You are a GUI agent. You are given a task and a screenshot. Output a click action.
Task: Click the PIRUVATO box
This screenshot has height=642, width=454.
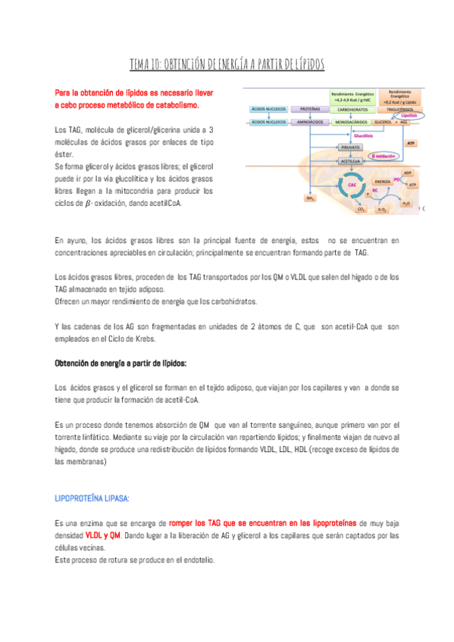point(350,147)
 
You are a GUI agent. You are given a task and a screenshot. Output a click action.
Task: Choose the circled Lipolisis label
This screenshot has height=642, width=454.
point(409,116)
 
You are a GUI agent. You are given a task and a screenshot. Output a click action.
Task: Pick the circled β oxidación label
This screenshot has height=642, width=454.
point(385,156)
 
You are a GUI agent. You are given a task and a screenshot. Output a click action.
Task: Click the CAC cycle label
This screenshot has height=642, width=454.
point(352,184)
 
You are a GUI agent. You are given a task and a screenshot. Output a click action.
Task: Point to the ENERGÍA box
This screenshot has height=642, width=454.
point(383,182)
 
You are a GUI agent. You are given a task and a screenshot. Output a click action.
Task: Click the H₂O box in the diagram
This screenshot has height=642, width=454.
point(406,203)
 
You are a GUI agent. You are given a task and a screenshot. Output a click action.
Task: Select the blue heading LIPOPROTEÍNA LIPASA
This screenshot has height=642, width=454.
point(92,498)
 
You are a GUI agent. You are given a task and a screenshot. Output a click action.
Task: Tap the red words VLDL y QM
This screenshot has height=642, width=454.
point(103,535)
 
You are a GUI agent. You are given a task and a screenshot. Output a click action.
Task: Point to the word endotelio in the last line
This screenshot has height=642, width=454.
point(195,560)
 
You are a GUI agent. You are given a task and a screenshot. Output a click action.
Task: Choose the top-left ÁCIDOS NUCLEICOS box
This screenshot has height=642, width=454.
point(268,109)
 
